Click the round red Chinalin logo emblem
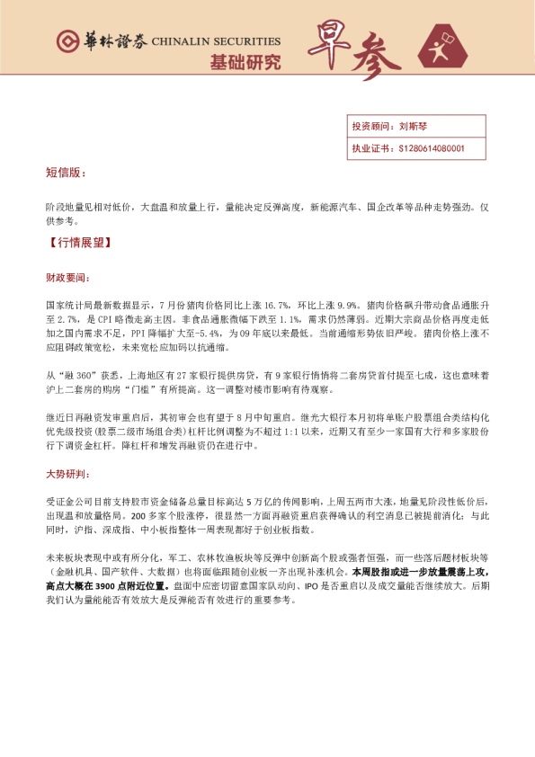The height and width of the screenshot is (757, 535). (x=66, y=41)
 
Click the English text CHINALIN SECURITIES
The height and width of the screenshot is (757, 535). (x=216, y=41)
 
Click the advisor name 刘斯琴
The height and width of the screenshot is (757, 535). (x=414, y=128)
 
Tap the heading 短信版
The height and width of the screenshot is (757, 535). (x=67, y=173)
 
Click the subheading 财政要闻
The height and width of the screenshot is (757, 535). (x=67, y=278)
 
